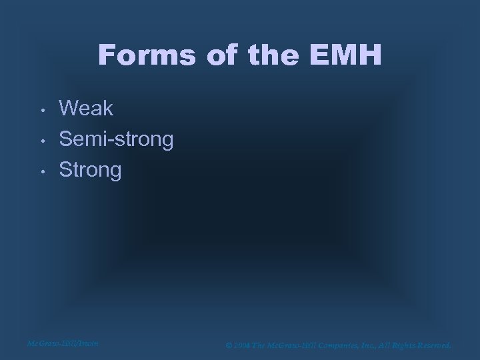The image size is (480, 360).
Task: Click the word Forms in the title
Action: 147,55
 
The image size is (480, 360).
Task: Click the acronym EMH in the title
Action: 348,55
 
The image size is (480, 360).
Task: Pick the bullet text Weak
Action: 87,107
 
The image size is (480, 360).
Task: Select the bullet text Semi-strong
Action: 116,139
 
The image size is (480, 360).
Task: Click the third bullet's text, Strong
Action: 91,170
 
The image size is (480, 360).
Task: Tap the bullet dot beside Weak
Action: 41,109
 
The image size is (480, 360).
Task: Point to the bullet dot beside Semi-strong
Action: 41,140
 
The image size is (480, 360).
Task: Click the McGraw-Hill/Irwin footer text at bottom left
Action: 63,343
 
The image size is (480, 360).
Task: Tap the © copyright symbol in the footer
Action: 229,345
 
